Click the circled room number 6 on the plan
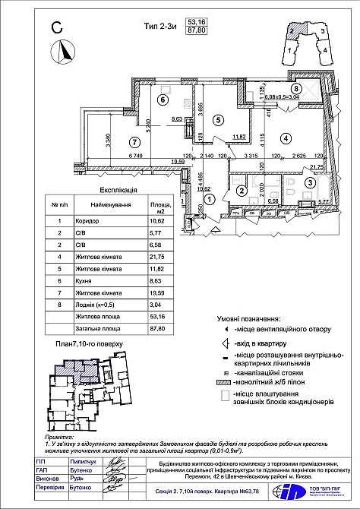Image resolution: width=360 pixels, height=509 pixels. click(163, 100)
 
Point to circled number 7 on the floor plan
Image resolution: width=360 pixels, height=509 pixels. click(134, 141)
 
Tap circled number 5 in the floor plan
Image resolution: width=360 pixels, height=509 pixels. click(216, 119)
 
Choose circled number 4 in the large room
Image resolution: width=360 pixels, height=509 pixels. click(286, 139)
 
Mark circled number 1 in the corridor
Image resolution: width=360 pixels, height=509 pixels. click(210, 197)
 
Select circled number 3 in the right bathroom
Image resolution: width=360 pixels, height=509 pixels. click(310, 182)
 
